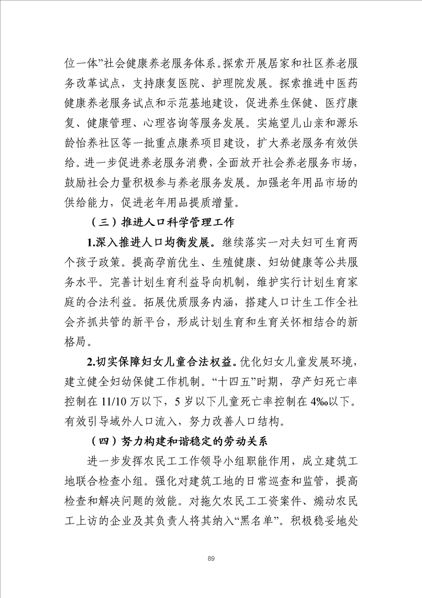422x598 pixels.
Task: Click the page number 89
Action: pos(211,557)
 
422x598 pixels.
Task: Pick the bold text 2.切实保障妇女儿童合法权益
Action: pos(161,363)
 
